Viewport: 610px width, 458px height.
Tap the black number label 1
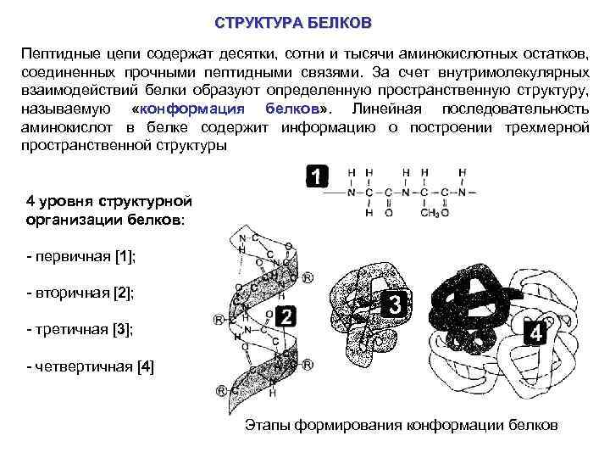(315, 177)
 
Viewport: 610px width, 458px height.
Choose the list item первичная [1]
(81, 255)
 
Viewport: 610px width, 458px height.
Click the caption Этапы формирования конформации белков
(401, 424)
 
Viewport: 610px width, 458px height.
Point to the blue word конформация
(191, 109)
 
